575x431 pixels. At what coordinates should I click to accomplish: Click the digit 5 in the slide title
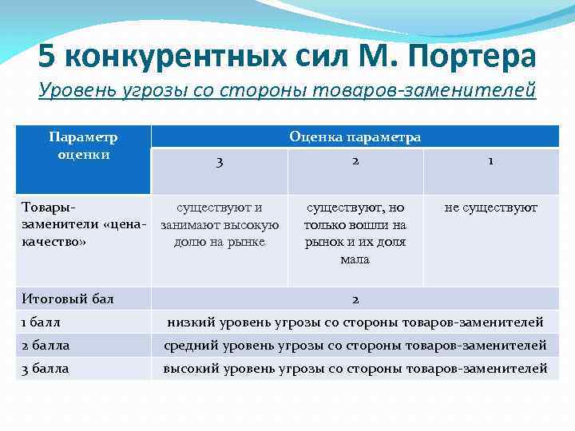pyautogui.click(x=48, y=56)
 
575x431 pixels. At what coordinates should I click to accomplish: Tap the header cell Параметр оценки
pyautogui.click(x=83, y=145)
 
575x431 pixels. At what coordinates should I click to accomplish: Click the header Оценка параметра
pyautogui.click(x=355, y=137)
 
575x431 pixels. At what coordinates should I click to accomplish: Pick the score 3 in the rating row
pyautogui.click(x=220, y=161)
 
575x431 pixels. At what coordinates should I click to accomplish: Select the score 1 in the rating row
pyautogui.click(x=490, y=160)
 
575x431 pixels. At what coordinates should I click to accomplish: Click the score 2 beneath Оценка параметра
pyautogui.click(x=355, y=160)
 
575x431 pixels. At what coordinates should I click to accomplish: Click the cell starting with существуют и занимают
pyautogui.click(x=220, y=224)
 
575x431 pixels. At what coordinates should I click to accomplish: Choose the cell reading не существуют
pyautogui.click(x=490, y=208)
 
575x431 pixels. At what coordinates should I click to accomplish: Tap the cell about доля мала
pyautogui.click(x=355, y=233)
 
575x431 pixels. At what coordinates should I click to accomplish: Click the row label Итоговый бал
pyautogui.click(x=68, y=299)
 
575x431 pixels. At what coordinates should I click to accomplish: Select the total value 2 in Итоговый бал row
pyautogui.click(x=355, y=299)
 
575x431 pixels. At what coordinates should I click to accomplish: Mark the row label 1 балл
pyautogui.click(x=42, y=322)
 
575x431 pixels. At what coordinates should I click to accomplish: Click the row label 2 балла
pyautogui.click(x=46, y=346)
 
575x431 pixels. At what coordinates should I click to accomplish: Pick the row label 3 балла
pyautogui.click(x=46, y=369)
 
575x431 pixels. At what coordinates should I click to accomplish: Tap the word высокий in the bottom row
pyautogui.click(x=191, y=369)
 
